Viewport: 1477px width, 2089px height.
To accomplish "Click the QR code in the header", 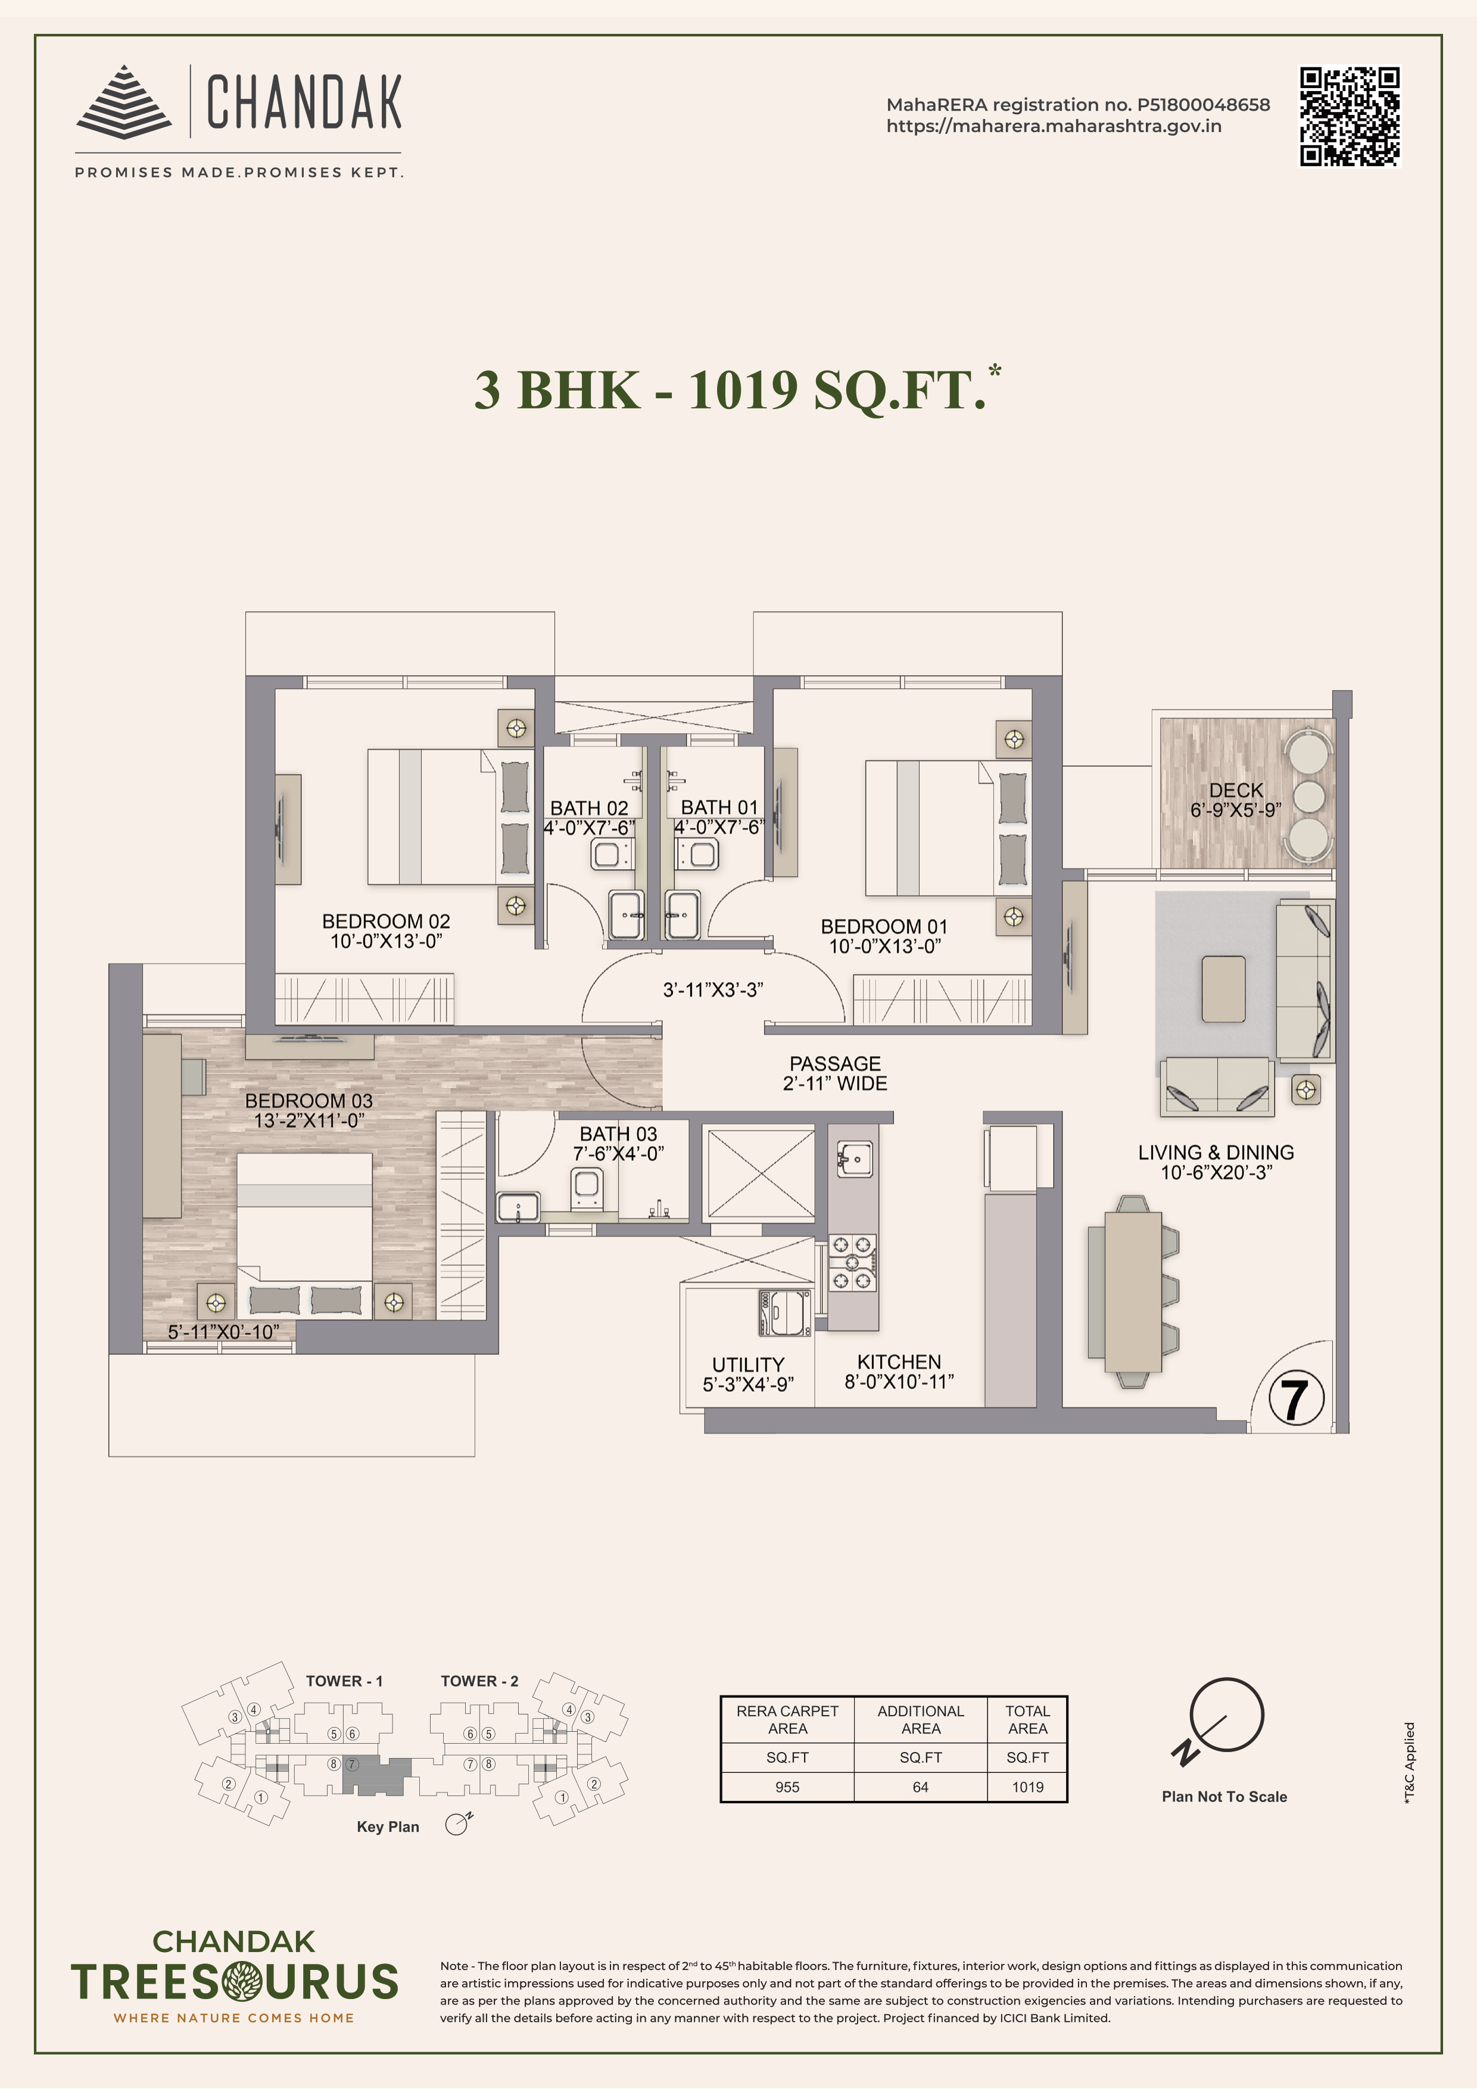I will click(x=1350, y=117).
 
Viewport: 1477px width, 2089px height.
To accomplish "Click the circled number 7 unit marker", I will click(x=1295, y=1400).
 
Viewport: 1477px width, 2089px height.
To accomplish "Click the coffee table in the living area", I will click(x=1223, y=989).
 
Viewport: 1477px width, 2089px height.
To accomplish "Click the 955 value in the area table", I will click(x=787, y=1787).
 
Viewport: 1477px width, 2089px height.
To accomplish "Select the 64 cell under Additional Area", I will click(x=920, y=1787).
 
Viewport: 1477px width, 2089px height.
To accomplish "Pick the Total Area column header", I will click(x=1027, y=1720).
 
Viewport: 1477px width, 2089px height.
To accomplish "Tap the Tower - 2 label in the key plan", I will click(x=479, y=1681).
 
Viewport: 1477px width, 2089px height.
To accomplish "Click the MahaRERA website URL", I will click(x=1054, y=126).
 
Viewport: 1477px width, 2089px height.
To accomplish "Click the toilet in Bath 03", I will click(x=585, y=1189).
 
